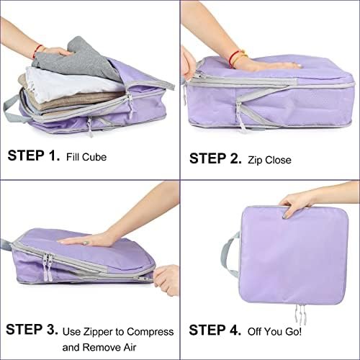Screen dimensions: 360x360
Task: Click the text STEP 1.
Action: pyautogui.click(x=34, y=156)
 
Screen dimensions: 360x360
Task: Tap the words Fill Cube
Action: pyautogui.click(x=86, y=157)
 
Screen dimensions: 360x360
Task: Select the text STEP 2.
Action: pyautogui.click(x=215, y=158)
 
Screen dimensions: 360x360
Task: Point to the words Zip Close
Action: pyautogui.click(x=269, y=160)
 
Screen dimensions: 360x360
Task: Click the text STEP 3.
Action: pyautogui.click(x=32, y=329)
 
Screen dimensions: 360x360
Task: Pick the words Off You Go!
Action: pyautogui.click(x=274, y=331)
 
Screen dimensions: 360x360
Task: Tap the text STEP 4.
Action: pyautogui.click(x=215, y=330)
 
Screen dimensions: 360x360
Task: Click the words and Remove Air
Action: pyautogui.click(x=99, y=347)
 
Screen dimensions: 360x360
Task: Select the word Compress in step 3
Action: pyautogui.click(x=150, y=332)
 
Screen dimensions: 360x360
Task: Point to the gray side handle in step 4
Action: pyautogui.click(x=229, y=254)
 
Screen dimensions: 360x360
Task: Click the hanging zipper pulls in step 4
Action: pyautogui.click(x=301, y=315)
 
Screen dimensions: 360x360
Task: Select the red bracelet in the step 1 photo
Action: pyautogui.click(x=37, y=51)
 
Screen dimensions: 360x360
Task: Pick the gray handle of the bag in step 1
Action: pyautogui.click(x=12, y=109)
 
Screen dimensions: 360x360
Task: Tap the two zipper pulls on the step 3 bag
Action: pyautogui.click(x=48, y=266)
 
